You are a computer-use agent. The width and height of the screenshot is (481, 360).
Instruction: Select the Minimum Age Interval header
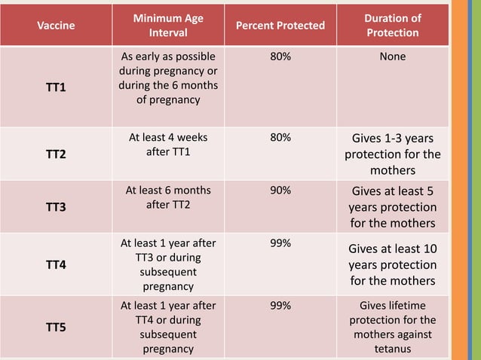tap(168, 26)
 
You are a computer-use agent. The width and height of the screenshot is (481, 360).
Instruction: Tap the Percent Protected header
tap(280, 26)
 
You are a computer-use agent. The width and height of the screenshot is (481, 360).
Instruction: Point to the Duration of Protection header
tap(392, 26)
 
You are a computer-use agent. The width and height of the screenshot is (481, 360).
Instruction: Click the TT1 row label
tap(56, 87)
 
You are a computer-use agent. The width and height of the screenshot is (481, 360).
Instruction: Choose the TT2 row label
tap(56, 154)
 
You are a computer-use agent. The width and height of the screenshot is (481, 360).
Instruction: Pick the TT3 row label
tap(56, 207)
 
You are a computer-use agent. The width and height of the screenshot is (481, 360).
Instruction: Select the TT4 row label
tap(56, 265)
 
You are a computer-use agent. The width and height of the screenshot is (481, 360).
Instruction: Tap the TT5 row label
tap(56, 328)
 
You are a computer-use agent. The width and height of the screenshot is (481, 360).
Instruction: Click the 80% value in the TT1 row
tap(280, 56)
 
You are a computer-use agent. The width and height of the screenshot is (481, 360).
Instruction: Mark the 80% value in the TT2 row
tap(280, 138)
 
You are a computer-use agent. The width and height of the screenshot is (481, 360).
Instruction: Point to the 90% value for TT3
tap(280, 191)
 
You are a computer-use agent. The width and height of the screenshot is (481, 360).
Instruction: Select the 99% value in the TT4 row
tap(280, 243)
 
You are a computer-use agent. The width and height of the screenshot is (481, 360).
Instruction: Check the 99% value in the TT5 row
tap(280, 306)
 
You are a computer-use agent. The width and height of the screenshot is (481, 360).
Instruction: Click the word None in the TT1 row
tap(392, 56)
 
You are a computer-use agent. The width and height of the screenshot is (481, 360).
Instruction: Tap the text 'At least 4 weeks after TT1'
tap(168, 145)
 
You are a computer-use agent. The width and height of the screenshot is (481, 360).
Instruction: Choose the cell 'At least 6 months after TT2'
tap(168, 197)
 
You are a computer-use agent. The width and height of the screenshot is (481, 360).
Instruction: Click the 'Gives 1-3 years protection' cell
tap(392, 154)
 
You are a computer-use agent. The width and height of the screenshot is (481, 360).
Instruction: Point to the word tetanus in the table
tap(392, 349)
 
